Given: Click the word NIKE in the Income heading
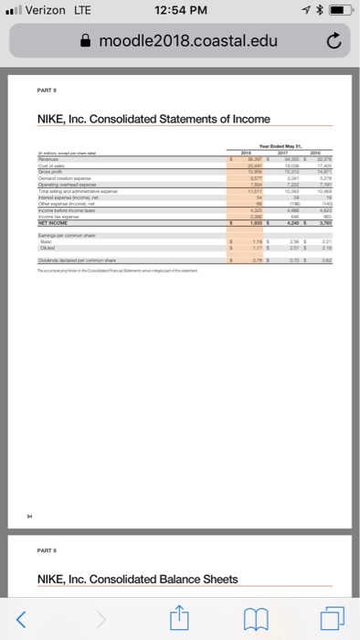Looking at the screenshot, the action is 56,119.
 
